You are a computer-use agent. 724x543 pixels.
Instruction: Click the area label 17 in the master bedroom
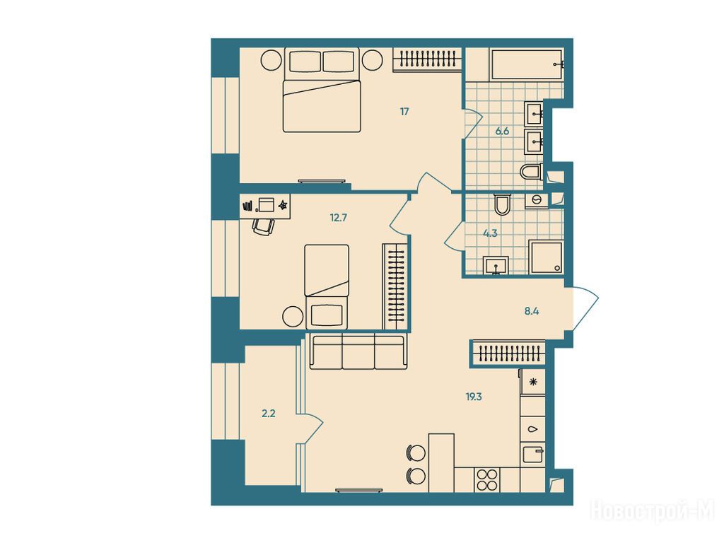404,111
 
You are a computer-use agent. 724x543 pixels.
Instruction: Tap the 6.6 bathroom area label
502,131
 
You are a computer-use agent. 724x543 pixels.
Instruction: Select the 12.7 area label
339,218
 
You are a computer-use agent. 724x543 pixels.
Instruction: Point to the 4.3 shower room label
490,233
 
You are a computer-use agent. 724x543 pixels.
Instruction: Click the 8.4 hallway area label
532,311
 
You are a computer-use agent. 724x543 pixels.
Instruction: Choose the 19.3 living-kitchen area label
474,397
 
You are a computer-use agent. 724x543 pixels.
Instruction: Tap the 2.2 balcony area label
268,414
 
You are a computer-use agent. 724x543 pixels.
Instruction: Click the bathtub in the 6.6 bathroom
527,64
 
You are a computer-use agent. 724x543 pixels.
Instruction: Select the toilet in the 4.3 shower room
502,204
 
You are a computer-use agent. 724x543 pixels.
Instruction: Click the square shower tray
547,257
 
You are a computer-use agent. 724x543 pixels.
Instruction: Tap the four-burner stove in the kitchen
487,480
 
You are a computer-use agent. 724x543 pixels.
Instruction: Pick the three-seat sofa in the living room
358,351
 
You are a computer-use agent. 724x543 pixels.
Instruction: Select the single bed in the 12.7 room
327,287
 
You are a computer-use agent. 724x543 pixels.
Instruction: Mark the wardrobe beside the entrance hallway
508,354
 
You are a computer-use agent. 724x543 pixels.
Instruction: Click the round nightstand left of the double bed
271,59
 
